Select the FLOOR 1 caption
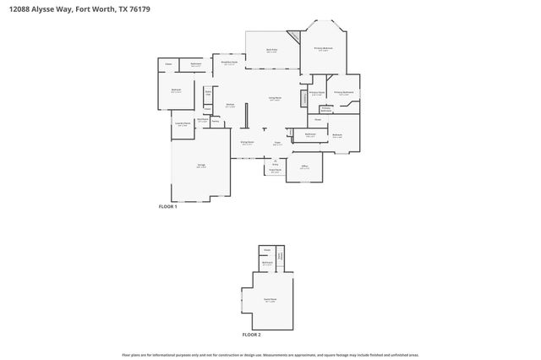(167, 207)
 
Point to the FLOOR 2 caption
(252, 335)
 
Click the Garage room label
(200, 166)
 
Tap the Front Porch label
(275, 171)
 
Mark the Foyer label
(277, 143)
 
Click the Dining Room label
(247, 143)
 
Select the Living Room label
(275, 99)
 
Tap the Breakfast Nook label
(229, 62)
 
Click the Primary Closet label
(317, 92)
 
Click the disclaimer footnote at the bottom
(270, 355)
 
